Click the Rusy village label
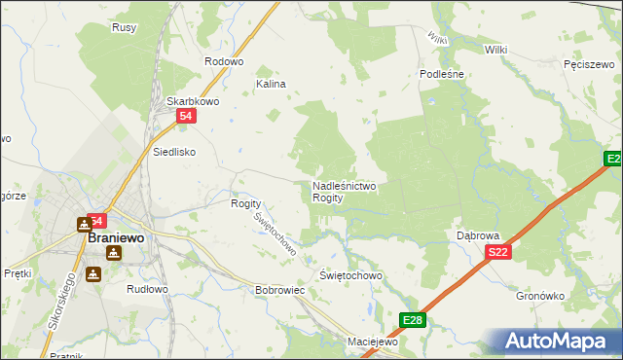[x=124, y=27]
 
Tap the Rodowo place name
[x=223, y=61]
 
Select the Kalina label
[x=271, y=84]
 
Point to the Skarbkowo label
[x=191, y=100]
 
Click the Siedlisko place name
[x=175, y=152]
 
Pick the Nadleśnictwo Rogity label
[x=344, y=191]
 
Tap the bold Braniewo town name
[x=116, y=236]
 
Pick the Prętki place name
[x=18, y=273]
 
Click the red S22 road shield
[x=497, y=252]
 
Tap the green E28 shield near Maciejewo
[x=413, y=320]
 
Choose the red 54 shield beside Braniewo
[x=96, y=221]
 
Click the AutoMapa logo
[x=559, y=342]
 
